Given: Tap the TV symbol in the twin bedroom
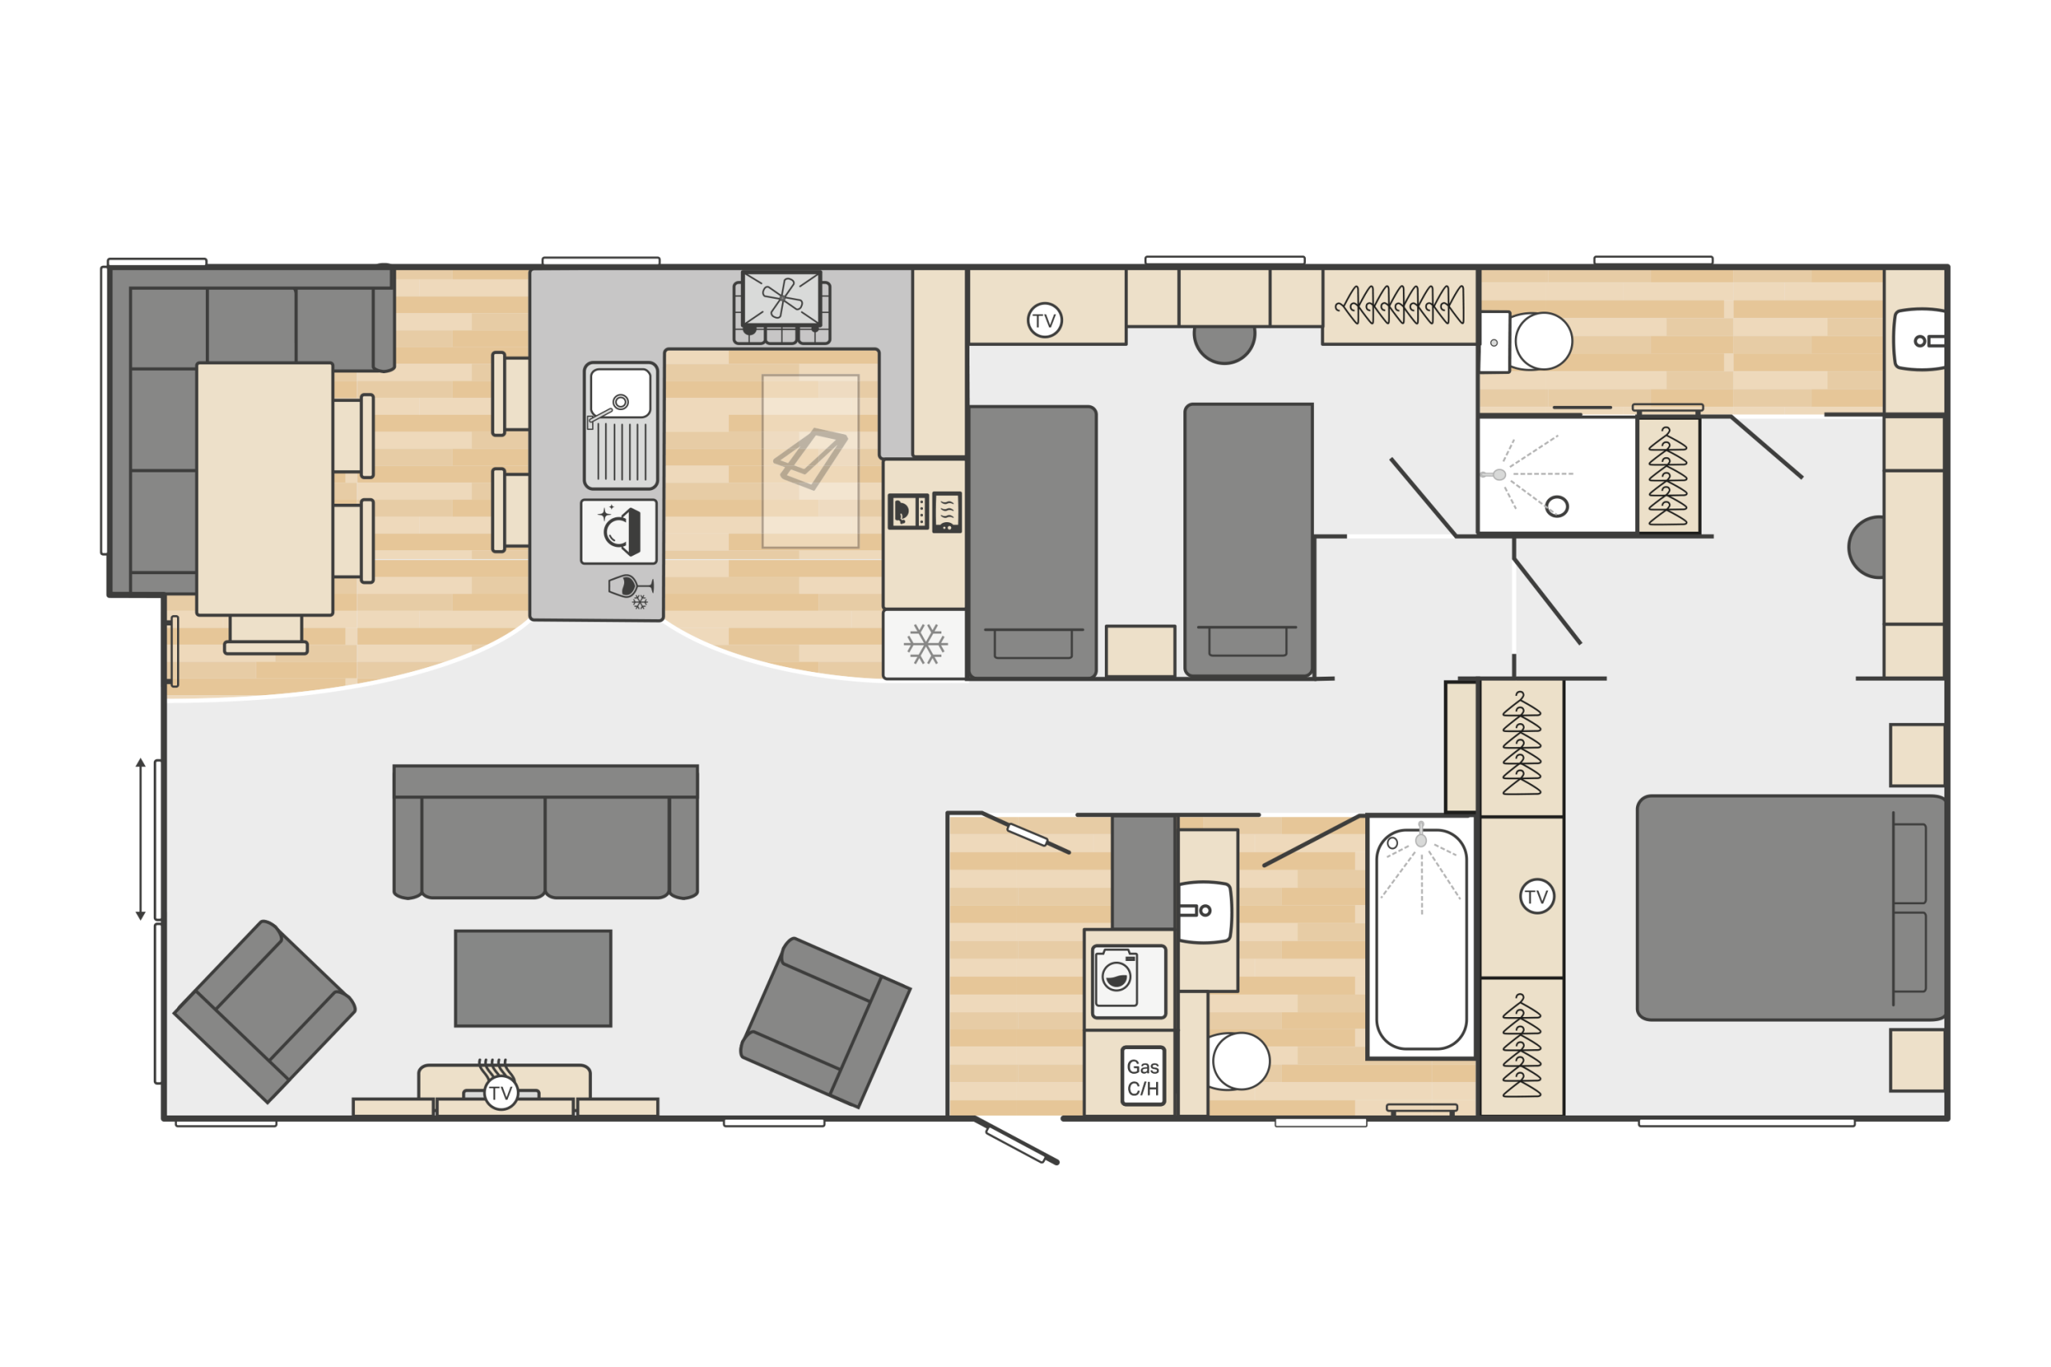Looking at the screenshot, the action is click(1044, 320).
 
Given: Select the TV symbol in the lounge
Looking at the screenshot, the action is click(501, 1092).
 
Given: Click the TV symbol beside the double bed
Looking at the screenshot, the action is click(1537, 896).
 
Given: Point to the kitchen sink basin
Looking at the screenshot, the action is click(620, 393).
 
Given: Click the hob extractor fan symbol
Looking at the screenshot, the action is click(781, 298).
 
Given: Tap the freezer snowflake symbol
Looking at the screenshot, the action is click(925, 645).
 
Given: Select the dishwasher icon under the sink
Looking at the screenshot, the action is click(619, 532).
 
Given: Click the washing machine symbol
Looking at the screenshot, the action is click(1128, 981).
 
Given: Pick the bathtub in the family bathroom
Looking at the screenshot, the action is click(1421, 938).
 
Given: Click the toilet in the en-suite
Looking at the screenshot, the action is click(1528, 342).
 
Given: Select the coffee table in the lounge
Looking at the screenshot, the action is click(533, 978).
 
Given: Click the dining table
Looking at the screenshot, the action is click(264, 489).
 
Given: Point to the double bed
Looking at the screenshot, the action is click(1792, 907).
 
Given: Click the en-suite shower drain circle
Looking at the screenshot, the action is click(1557, 507).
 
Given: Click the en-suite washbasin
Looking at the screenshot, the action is click(1920, 340).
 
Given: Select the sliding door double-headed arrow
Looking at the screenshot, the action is click(140, 839).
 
